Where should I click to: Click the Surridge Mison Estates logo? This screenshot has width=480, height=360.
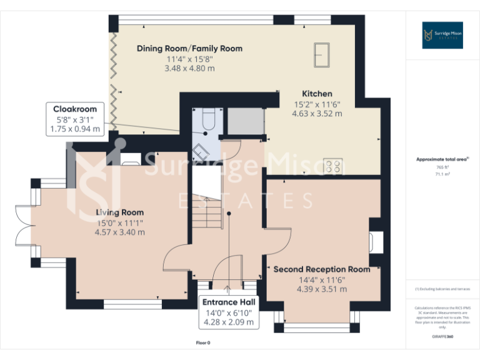pos(442,35)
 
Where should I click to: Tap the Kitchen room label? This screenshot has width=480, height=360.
pos(317,94)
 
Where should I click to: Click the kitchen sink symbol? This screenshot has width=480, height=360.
pos(323,53)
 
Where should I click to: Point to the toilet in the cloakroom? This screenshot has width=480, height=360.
pos(209,118)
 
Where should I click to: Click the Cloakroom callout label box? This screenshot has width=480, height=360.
pos(75,119)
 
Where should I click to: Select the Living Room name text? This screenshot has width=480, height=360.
pos(119,212)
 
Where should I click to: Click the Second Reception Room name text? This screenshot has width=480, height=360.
pos(322,269)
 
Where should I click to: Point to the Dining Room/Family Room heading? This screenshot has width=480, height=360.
pos(189,48)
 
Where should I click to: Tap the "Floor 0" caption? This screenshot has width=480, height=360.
pos(203,342)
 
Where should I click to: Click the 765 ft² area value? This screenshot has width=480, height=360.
pos(442,167)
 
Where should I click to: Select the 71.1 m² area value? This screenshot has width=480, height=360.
pos(442,175)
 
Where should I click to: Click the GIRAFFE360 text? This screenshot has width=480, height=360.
pos(442,337)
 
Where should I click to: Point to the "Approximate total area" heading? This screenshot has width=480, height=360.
pos(442,159)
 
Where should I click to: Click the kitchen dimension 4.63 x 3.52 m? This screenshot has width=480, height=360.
pos(317,114)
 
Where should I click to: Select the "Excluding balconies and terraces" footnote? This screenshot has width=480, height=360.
pos(442,289)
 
